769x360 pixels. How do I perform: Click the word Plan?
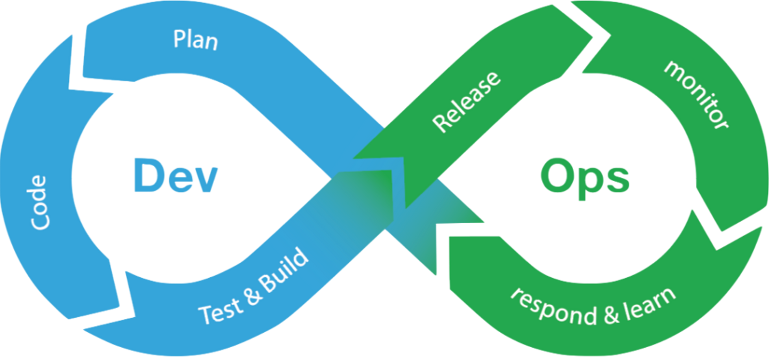196,40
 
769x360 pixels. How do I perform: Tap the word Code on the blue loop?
39,203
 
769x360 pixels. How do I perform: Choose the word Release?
467,101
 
